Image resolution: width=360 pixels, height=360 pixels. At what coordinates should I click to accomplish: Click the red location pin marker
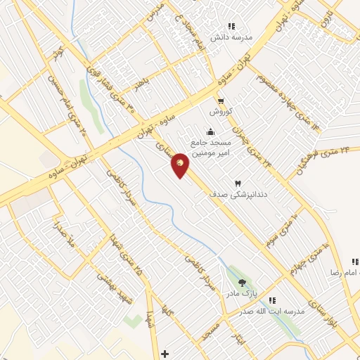pyautogui.click(x=181, y=165)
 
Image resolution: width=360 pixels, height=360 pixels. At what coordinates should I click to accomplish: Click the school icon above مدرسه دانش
pyautogui.click(x=231, y=26)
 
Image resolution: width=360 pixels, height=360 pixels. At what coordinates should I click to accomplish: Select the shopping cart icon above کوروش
pyautogui.click(x=220, y=101)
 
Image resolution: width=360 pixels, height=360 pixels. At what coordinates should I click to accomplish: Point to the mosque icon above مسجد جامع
pyautogui.click(x=210, y=131)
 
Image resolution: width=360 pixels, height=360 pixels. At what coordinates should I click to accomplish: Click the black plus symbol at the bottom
pyautogui.click(x=165, y=353)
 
